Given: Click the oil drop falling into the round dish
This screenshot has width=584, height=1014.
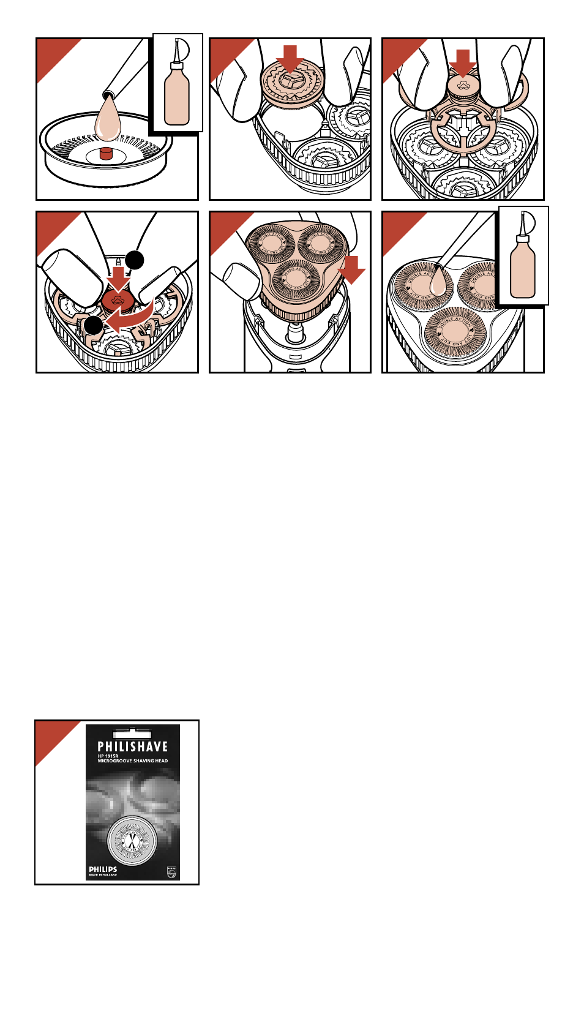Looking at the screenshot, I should tap(108, 120).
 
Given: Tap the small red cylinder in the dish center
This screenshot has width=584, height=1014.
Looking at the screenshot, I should tap(107, 153).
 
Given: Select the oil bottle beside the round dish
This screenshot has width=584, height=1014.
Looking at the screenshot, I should tap(177, 92).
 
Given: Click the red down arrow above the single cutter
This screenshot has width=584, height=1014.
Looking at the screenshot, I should tap(290, 59).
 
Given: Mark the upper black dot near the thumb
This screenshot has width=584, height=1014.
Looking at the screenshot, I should tap(135, 260).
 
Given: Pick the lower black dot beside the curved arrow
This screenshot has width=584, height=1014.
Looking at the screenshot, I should tap(94, 325).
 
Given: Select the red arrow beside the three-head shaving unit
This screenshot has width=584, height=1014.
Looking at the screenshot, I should tap(351, 270).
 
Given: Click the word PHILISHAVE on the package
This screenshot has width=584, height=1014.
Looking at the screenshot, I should tap(132, 746).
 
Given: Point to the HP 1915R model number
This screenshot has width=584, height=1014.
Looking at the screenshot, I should tap(111, 756).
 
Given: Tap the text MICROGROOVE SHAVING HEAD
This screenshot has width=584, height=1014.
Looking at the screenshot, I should tap(132, 761).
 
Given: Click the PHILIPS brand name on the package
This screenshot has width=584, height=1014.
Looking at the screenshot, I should tap(103, 869).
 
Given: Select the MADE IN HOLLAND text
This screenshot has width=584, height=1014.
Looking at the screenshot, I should tap(103, 875).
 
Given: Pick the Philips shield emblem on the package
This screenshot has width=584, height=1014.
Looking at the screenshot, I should tap(171, 872).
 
